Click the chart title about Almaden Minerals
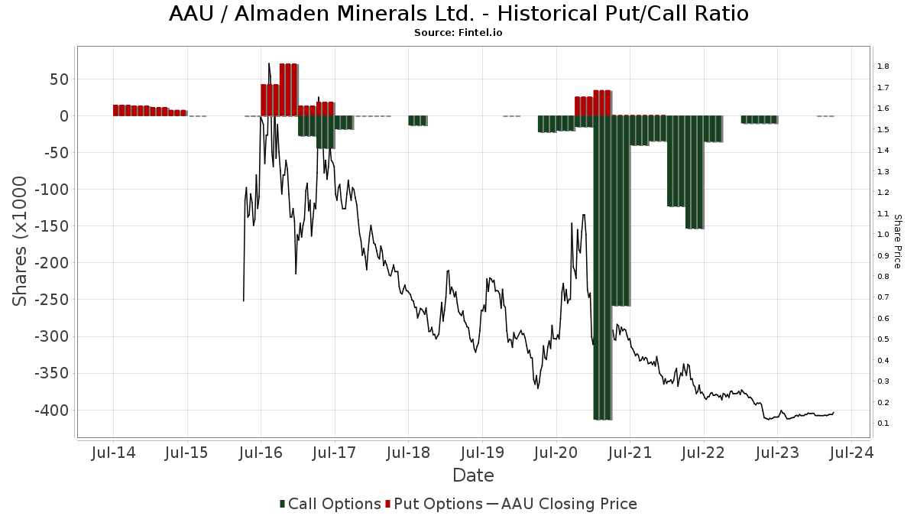click(x=458, y=14)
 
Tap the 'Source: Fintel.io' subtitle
click(x=458, y=33)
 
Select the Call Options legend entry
click(x=330, y=504)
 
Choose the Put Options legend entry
click(x=434, y=504)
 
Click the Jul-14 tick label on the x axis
click(x=113, y=453)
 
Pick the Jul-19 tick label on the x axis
click(x=481, y=453)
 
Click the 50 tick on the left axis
click(x=60, y=79)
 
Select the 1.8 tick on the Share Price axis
click(x=883, y=67)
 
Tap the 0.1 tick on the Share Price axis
click(x=883, y=424)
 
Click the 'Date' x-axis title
click(x=473, y=475)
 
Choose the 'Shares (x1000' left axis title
click(x=21, y=241)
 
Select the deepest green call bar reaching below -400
click(x=602, y=268)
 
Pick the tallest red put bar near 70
click(x=288, y=89)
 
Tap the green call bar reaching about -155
click(x=695, y=172)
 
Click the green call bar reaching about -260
click(x=621, y=210)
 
